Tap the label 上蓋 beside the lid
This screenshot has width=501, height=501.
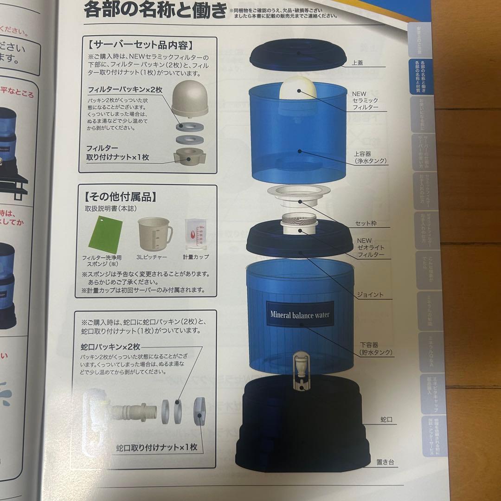[357, 62]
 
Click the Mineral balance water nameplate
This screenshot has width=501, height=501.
[300, 315]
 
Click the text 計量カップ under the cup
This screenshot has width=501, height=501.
[195, 257]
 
